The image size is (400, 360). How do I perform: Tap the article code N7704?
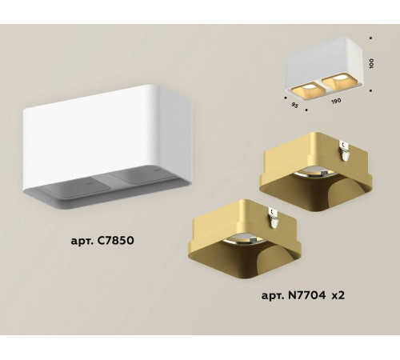click(302, 297)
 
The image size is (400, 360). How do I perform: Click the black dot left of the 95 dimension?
click(286, 97)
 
